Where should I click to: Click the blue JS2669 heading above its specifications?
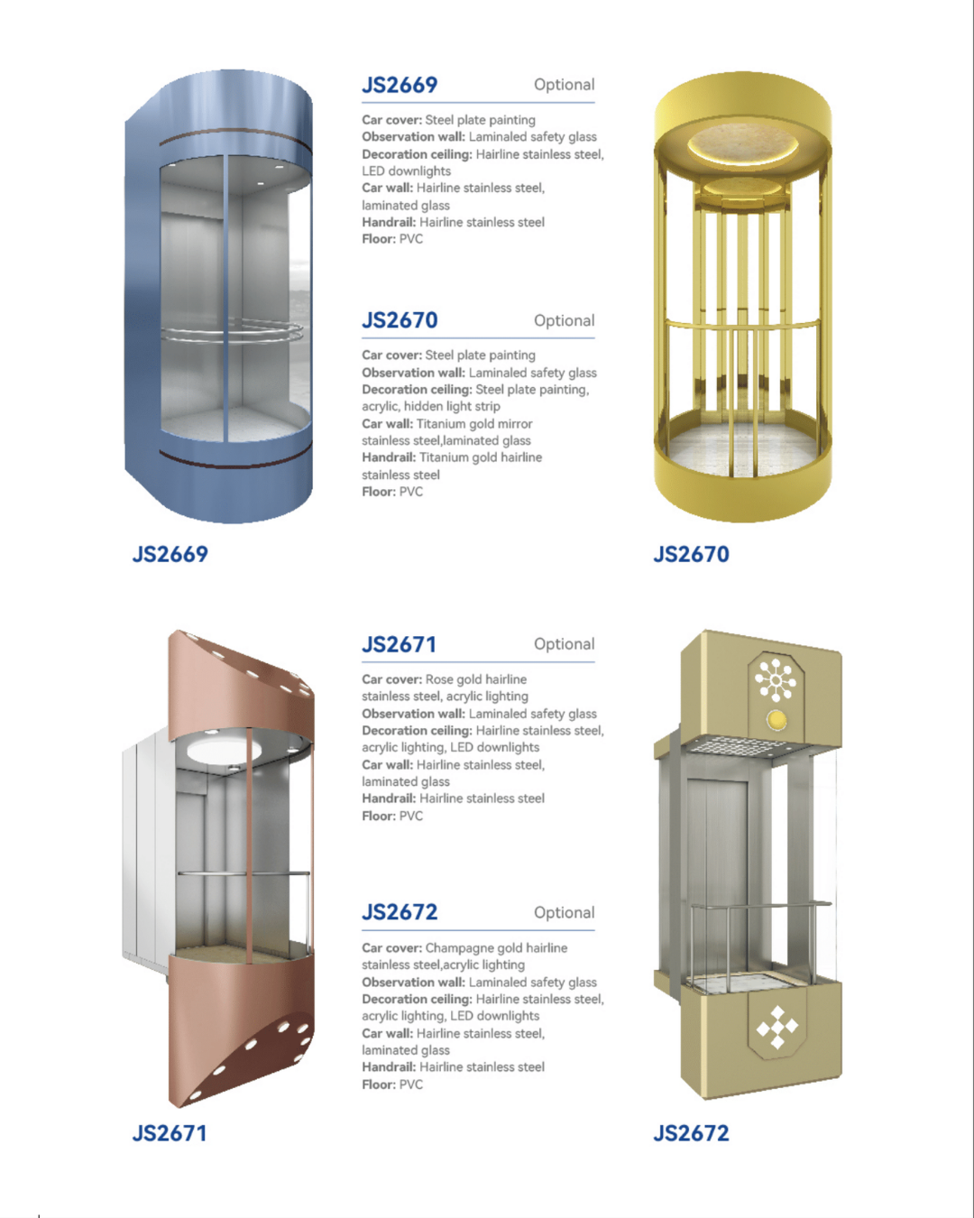[x=400, y=85]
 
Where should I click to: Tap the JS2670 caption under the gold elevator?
[x=691, y=554]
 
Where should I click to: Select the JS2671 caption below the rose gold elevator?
[x=170, y=1133]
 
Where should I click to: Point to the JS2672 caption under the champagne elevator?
[x=691, y=1133]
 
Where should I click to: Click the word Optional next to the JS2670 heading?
[x=565, y=321]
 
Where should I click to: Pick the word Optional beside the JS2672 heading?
[x=565, y=913]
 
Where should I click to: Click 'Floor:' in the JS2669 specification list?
[x=379, y=239]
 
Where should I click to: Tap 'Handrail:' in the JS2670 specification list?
[x=389, y=457]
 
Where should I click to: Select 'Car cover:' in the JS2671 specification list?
[x=391, y=679]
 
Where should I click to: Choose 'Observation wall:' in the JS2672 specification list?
[x=414, y=982]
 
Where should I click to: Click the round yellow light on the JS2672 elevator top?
[x=776, y=720]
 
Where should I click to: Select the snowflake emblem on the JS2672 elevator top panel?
[x=776, y=679]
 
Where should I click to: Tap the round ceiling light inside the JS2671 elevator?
[x=225, y=750]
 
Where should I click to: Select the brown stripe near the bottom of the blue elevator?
[x=234, y=459]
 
